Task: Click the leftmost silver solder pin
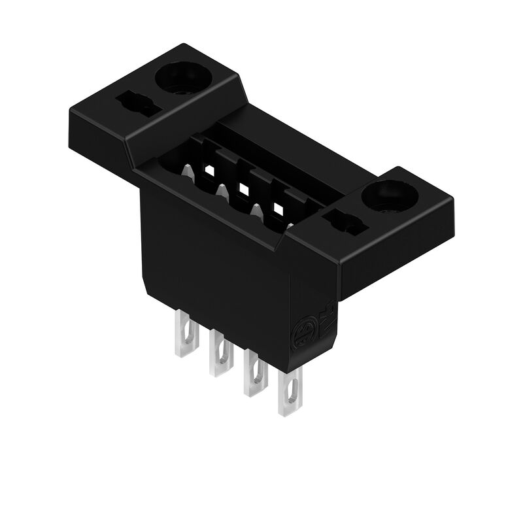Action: click(x=186, y=333)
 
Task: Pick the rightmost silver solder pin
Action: click(x=290, y=392)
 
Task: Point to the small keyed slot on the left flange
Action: click(x=137, y=105)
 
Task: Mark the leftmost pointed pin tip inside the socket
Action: click(x=188, y=173)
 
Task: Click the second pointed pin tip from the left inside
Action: click(x=222, y=192)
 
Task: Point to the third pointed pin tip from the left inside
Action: click(x=257, y=212)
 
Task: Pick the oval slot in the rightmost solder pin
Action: click(x=291, y=392)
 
